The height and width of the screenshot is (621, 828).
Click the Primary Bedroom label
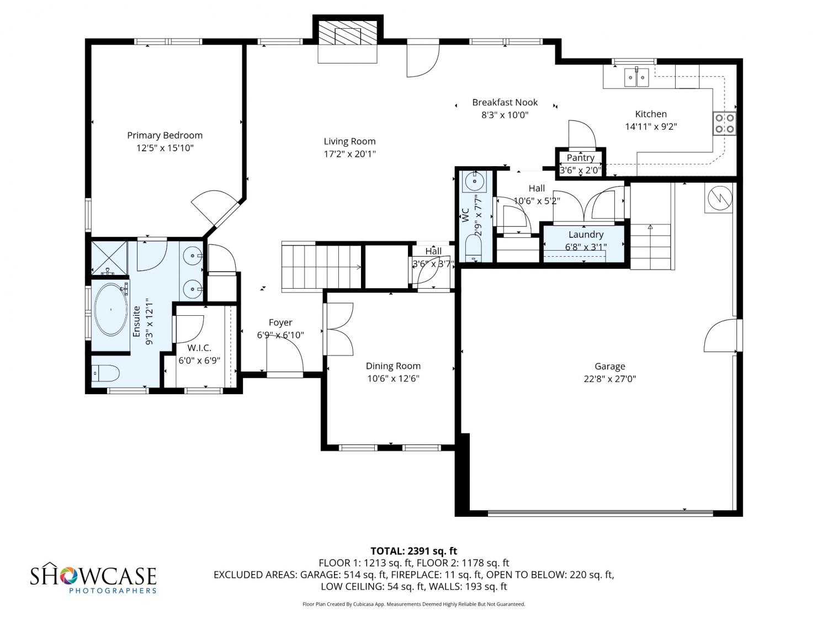click(164, 135)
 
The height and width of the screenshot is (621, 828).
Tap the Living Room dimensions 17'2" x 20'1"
click(349, 154)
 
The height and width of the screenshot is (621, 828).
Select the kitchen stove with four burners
click(724, 123)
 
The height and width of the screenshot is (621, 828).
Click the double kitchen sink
click(637, 77)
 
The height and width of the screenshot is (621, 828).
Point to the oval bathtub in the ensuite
click(111, 309)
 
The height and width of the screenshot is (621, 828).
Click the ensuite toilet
click(105, 374)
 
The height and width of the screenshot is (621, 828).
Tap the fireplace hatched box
click(347, 33)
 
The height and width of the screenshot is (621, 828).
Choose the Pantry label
click(581, 158)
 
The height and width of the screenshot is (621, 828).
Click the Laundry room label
click(586, 235)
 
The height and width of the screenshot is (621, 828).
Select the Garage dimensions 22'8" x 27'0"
click(609, 379)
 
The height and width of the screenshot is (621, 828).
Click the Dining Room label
click(393, 366)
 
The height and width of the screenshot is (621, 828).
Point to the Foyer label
click(280, 322)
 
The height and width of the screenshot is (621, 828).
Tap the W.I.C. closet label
click(199, 348)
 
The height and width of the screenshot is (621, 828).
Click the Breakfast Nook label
click(505, 102)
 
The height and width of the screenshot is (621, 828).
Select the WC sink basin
click(475, 182)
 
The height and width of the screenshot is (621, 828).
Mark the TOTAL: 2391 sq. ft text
click(414, 551)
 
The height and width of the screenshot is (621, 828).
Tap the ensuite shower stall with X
click(109, 258)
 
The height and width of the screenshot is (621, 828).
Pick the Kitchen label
click(651, 114)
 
